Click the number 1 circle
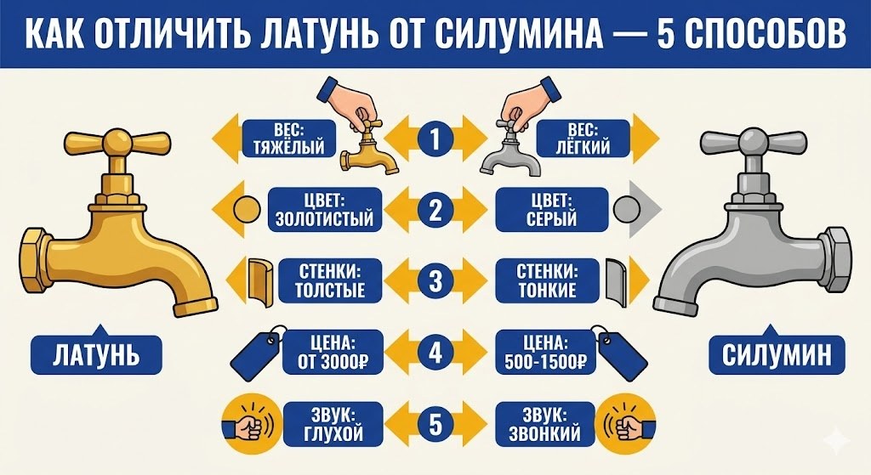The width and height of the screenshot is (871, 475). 435,139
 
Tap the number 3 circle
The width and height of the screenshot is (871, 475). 435,281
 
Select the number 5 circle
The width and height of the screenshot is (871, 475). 435,424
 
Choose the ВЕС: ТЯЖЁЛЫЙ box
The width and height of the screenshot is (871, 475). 283,139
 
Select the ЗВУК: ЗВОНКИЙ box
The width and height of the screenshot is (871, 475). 541,424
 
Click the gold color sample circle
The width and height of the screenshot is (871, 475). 248,209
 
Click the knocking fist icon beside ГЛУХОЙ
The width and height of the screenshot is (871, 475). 248,422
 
